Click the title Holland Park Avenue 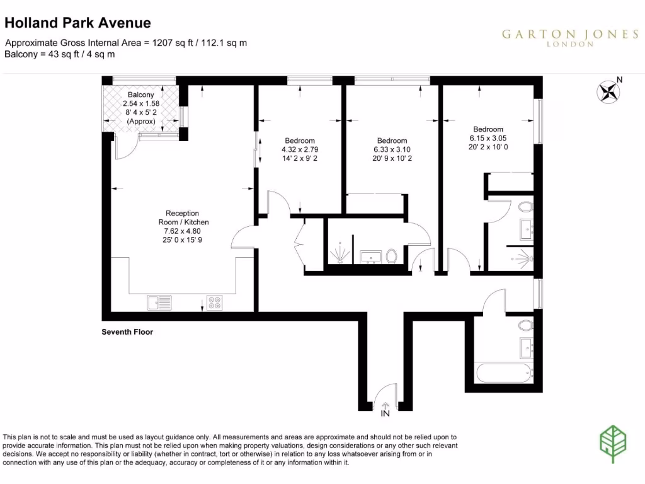(x=77, y=23)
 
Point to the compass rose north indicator (x=608, y=92)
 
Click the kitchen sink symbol (x=159, y=303)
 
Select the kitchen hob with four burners (x=214, y=303)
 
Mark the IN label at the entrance (x=385, y=415)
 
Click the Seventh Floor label (x=127, y=332)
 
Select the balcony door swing (x=125, y=147)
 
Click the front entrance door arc (x=384, y=396)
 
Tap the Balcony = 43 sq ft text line (x=60, y=54)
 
